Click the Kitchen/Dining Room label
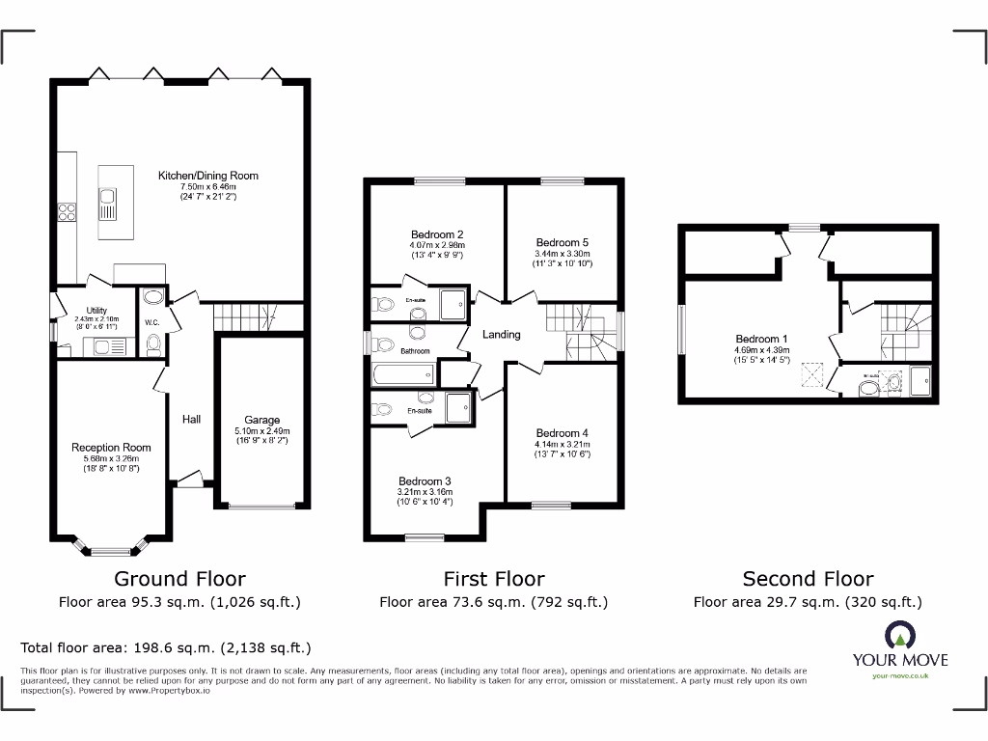tap(208, 176)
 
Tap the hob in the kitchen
tap(67, 211)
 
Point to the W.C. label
tap(151, 322)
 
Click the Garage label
tap(261, 420)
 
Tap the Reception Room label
tap(111, 448)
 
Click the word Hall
tap(191, 420)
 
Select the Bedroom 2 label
tap(437, 234)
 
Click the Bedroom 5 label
tap(563, 242)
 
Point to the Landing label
tap(501, 335)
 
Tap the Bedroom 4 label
tap(563, 433)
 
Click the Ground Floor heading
tap(179, 579)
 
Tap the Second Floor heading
tap(808, 579)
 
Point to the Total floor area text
tap(166, 648)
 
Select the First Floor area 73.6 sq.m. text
tap(493, 602)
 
